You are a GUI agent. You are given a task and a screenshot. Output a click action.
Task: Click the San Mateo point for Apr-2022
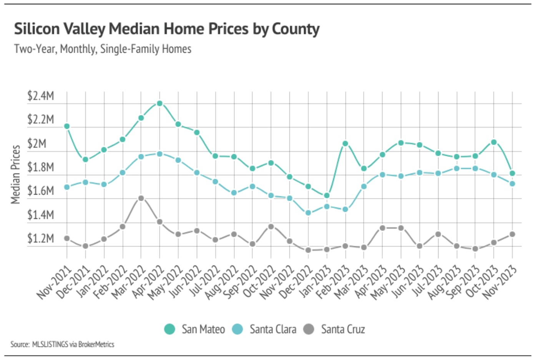[x=160, y=103]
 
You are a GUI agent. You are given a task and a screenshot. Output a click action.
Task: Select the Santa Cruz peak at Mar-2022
[x=141, y=198]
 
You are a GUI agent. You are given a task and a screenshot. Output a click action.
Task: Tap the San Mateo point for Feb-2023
[x=345, y=143]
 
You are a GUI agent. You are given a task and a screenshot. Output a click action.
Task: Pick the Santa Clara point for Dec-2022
[x=308, y=213]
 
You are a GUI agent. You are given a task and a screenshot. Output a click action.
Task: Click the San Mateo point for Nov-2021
[x=67, y=126]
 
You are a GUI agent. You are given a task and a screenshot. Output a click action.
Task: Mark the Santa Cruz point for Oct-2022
[x=271, y=227]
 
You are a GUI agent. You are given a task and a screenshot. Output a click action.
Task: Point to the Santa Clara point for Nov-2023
[x=512, y=184]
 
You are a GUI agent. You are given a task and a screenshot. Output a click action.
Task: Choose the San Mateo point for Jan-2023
[x=327, y=195]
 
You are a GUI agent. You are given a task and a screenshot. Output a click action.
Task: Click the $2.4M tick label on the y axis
[x=40, y=96]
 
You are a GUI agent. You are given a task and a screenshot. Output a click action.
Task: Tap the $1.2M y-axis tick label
[x=40, y=238]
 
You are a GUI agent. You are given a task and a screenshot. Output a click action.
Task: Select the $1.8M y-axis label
[x=40, y=167]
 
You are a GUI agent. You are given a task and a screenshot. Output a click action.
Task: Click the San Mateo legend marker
[x=169, y=329]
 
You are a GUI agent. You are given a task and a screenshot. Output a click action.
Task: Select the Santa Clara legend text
[x=273, y=329]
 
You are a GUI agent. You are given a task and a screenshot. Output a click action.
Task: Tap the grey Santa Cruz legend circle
[x=309, y=329]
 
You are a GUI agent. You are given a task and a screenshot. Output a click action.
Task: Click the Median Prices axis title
[x=15, y=174]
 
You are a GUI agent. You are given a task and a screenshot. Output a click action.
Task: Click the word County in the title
[x=296, y=29]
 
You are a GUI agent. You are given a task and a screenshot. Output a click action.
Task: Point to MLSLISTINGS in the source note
[x=50, y=344]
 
